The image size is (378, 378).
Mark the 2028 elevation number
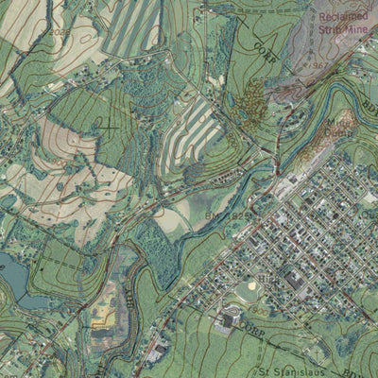pos(61,32)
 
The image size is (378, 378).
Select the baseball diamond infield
pos(250,285)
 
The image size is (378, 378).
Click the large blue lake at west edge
pos(13,277)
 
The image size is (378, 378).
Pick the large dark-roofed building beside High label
pos(294,280)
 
